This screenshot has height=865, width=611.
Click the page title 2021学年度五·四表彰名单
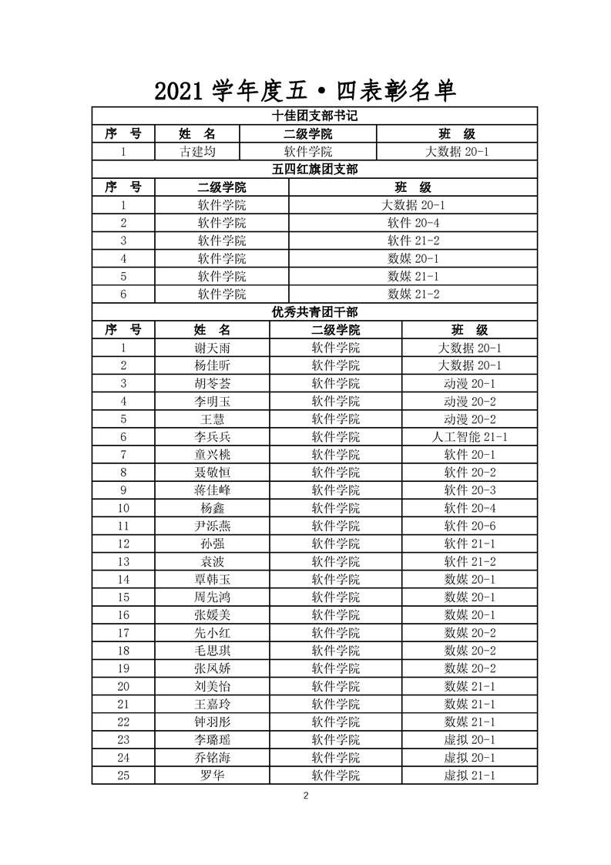305,90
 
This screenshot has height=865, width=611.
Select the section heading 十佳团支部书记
314,116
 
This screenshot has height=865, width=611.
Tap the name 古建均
197,152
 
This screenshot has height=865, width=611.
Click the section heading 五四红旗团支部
314,170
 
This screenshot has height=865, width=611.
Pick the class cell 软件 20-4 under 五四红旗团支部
413,223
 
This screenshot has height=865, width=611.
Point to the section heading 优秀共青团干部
314,312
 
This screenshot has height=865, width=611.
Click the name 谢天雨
212,348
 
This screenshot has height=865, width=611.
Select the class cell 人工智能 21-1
469,437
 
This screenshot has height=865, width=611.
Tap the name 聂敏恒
212,473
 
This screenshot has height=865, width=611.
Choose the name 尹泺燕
212,526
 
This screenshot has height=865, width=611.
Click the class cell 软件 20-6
469,526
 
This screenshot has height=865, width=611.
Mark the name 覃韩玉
212,579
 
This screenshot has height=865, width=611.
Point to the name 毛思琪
212,651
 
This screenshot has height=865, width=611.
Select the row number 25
123,776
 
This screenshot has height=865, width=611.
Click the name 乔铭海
212,758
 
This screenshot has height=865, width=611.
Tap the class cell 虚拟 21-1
469,776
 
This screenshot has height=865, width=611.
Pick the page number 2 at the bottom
306,796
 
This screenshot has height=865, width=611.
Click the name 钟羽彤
212,722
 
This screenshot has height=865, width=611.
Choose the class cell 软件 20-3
469,490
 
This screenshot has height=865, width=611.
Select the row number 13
123,561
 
